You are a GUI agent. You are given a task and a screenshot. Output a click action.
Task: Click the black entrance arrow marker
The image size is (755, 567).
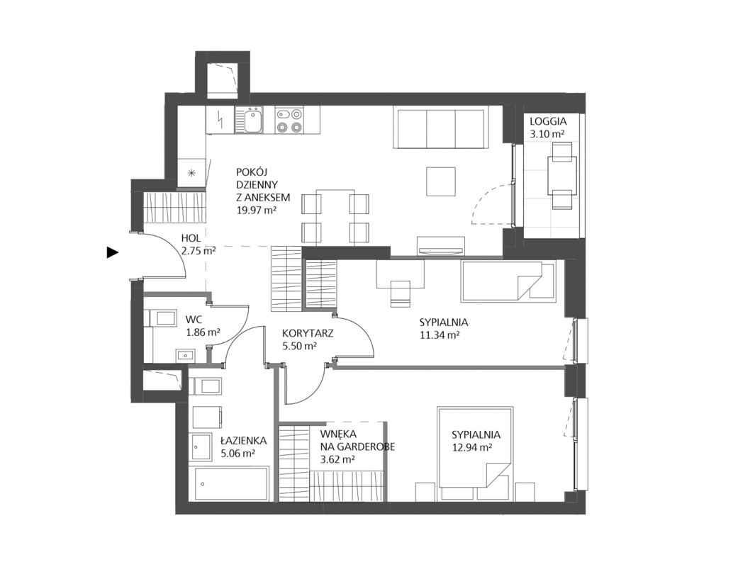113,252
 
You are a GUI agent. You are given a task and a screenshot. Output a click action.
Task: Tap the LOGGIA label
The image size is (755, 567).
548,122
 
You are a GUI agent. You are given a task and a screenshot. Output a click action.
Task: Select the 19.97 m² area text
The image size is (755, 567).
257,210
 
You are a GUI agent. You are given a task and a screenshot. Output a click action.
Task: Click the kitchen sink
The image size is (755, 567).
248,120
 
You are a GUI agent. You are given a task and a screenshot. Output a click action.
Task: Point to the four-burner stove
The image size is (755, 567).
289,120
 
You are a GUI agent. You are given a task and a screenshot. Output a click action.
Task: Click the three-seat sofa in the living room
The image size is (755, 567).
441,128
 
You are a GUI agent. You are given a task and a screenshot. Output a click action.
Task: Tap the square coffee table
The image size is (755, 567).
441,182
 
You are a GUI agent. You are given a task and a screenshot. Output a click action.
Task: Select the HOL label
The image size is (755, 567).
191,237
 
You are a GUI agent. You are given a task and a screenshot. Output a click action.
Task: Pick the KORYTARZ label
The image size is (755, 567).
308,333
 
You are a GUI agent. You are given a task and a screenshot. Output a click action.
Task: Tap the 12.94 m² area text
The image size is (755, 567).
472,447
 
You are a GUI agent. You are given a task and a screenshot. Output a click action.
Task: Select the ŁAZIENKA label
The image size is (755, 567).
243,440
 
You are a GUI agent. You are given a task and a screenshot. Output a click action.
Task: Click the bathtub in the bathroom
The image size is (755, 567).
232,484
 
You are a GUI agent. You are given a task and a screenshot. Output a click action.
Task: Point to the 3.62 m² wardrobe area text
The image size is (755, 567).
337,459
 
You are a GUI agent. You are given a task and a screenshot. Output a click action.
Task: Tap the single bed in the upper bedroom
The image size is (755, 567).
509,281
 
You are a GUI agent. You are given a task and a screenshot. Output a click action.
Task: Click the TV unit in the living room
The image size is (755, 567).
440,246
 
